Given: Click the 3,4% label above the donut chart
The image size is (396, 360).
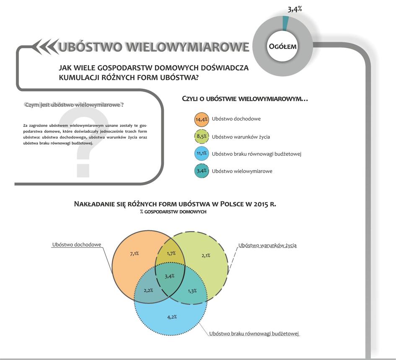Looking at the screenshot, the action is (x=295, y=9).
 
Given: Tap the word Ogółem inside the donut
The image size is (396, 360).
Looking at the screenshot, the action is (x=282, y=46).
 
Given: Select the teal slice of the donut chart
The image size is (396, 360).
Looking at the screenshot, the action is (x=285, y=23).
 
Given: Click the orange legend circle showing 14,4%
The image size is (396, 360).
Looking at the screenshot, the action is (x=202, y=119).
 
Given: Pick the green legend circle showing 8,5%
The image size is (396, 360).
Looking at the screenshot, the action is (x=202, y=136).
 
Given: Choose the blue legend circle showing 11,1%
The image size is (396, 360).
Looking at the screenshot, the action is (x=202, y=153).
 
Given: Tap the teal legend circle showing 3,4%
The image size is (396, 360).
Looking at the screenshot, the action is (x=202, y=171).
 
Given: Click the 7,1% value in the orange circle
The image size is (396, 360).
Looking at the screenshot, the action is (x=135, y=254).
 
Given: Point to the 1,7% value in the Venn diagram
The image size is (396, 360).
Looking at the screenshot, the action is (x=171, y=253).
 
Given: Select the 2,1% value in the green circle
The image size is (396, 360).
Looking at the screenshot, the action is (x=206, y=255).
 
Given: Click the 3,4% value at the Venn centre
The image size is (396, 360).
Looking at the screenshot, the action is (x=169, y=276).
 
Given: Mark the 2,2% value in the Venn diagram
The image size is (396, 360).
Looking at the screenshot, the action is (x=148, y=291).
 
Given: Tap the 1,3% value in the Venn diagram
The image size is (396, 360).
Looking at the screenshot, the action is (x=192, y=291).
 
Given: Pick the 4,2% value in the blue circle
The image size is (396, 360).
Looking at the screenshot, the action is (x=172, y=317).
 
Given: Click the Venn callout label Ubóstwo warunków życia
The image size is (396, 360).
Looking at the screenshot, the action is (x=267, y=245).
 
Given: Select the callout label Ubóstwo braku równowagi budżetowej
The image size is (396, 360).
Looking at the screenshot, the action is (x=254, y=334).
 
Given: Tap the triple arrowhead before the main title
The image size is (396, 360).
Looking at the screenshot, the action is (x=45, y=46).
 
